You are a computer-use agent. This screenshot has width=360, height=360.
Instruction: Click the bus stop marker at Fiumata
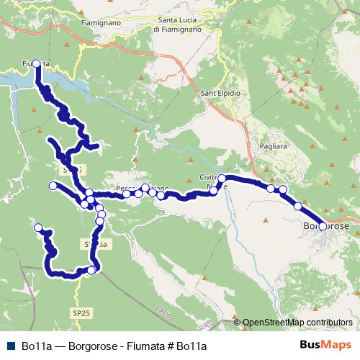click(37, 63)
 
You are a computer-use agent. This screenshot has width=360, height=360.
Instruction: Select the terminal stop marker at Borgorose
click(322, 226)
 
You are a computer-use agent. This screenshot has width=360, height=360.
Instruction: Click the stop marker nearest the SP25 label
click(91, 270)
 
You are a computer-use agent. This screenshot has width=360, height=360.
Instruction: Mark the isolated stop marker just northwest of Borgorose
click(298, 206)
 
